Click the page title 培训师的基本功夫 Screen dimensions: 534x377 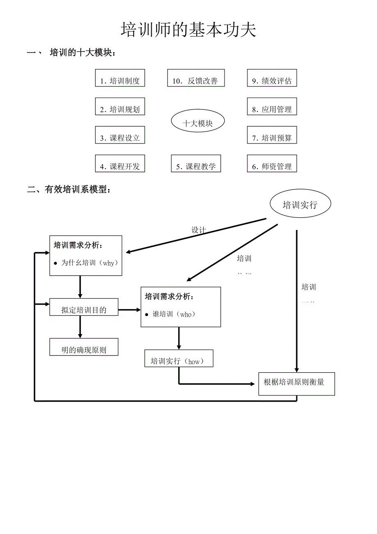coord(188,30)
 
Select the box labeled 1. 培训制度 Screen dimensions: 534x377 coord(120,78)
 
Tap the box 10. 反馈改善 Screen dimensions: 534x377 coord(196,78)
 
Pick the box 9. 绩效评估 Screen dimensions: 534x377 coord(272,78)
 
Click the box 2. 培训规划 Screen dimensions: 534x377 coord(120,107)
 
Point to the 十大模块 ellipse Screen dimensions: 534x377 coord(198,121)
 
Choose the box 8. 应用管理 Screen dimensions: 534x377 coord(272,107)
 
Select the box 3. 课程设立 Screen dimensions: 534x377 coord(120,135)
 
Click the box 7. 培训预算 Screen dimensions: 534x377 coord(272,135)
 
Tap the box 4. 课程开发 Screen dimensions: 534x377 coord(120,164)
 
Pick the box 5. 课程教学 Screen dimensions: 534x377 coord(196,164)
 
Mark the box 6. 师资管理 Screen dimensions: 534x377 coord(272,164)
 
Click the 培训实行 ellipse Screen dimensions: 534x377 coord(300,205)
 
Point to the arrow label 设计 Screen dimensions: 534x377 coord(199,230)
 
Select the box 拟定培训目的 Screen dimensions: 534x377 coord(84,307)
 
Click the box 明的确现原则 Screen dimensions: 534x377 coord(84,347)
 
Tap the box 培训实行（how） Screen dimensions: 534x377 coord(179,358)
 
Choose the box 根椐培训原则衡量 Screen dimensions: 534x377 coord(296,384)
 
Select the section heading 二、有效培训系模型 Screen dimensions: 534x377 coord(69,189)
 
